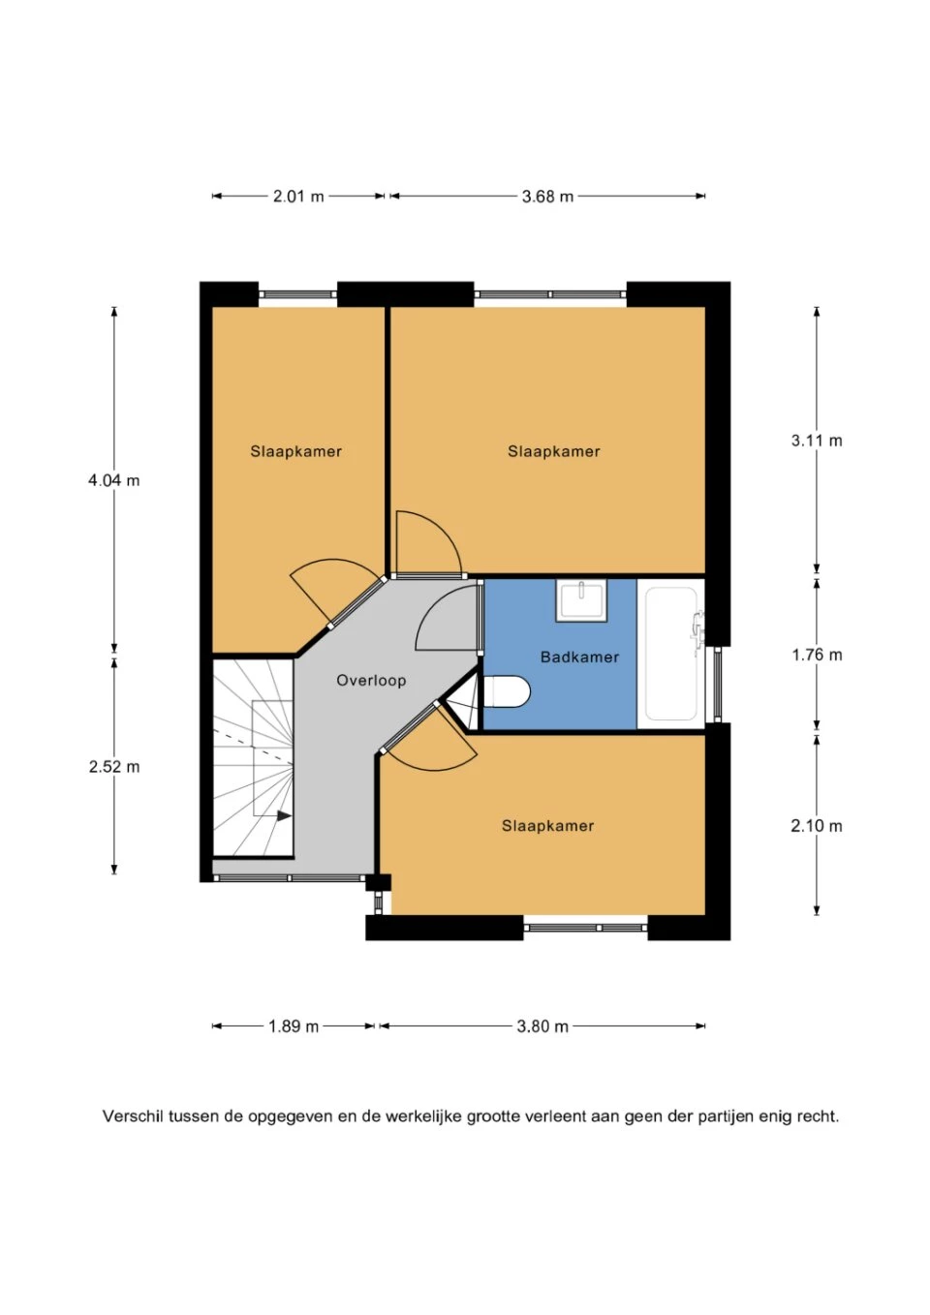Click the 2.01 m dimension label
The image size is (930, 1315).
point(298,196)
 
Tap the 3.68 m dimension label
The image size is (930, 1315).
point(547,196)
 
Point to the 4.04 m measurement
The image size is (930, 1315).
point(114,480)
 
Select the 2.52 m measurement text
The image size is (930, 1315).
point(114,767)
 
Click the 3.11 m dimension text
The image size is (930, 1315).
point(817,441)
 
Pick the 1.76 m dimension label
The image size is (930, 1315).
point(817,655)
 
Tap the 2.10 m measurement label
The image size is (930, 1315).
point(817,826)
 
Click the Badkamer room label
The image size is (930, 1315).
point(579,657)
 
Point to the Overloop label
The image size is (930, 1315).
point(371,681)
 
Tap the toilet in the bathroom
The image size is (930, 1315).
point(506,691)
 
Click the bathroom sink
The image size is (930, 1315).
point(581,600)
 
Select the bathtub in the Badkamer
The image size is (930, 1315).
point(671,654)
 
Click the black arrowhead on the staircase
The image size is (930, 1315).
point(284,815)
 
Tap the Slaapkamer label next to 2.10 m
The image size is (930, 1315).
point(547,826)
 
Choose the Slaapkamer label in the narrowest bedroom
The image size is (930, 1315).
point(295,451)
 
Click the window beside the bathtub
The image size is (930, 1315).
point(717,684)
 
